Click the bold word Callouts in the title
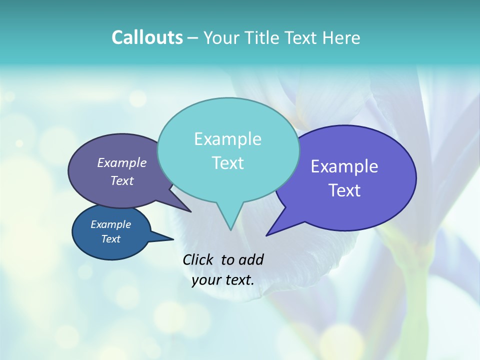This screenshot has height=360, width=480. tap(147, 38)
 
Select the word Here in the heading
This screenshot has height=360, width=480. tap(341, 38)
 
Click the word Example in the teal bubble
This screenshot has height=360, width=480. tap(227, 139)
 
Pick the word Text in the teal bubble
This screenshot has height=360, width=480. tap(227, 163)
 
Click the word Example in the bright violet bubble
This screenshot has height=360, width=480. tap(344, 166)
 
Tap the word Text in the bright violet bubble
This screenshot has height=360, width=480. tap(344, 190)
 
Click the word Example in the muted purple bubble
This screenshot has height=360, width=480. tap(122, 163)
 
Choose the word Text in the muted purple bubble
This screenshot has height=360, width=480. tap(122, 181)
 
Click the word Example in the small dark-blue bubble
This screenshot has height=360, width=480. tap(110, 224)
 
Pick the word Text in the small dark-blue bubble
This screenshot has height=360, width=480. tap(110, 239)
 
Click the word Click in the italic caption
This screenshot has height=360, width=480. tap(199, 259)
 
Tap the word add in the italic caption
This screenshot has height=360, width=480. tap(251, 259)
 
